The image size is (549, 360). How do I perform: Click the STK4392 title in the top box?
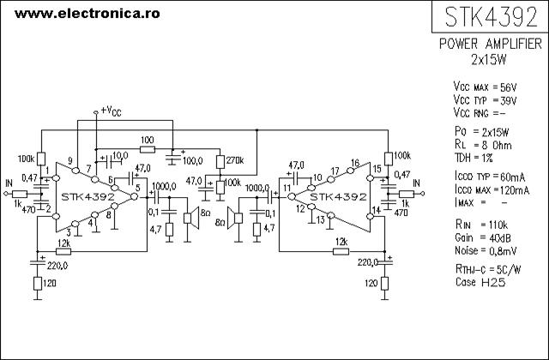491,17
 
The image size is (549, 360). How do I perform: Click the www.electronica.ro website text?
87,14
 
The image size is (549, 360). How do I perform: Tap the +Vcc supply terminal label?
111,111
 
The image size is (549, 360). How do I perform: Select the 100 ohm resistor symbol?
148,149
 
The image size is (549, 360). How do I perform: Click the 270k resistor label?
235,160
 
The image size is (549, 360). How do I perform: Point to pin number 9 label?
70,160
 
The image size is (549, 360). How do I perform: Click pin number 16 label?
355,163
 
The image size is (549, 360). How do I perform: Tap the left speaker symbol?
191,218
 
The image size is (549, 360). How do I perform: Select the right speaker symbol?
235,218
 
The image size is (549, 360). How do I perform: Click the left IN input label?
9,183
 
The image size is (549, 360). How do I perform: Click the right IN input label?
416,183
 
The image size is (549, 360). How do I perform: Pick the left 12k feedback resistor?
63,251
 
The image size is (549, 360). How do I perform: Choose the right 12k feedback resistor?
341,251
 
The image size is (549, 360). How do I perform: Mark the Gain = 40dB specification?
483,238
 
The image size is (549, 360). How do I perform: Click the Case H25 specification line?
480,282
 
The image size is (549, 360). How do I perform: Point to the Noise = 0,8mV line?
486,250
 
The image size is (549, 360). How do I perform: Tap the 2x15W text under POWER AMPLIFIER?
489,60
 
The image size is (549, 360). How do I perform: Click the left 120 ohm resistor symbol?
38,284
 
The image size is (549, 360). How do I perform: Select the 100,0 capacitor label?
192,161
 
